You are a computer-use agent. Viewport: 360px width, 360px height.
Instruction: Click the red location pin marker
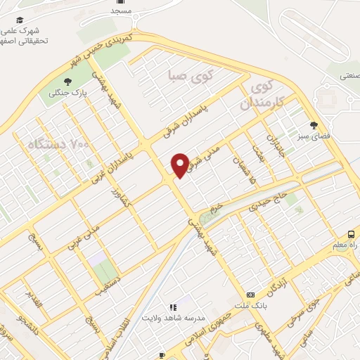pos(180,165)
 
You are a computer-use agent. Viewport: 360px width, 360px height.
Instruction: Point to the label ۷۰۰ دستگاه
pos(60,144)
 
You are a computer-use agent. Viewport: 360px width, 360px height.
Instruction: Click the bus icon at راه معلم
pos(350,234)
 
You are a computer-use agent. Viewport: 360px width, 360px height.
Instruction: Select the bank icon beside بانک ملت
pos(251,295)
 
